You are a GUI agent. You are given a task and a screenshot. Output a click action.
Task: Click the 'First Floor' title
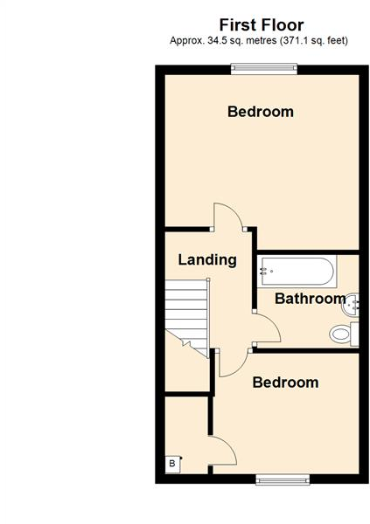pyautogui.click(x=261, y=24)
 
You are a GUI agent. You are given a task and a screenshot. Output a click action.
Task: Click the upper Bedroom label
pyautogui.click(x=260, y=112)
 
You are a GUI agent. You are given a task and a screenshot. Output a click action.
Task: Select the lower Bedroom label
pyautogui.click(x=285, y=383)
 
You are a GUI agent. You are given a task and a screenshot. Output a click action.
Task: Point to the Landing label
pyautogui.click(x=207, y=259)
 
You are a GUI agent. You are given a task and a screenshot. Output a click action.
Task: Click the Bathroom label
pyautogui.click(x=311, y=299)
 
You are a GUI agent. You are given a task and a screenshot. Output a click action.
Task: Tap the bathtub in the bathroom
pyautogui.click(x=297, y=271)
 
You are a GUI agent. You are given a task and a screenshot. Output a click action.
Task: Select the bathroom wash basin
pyautogui.click(x=352, y=305)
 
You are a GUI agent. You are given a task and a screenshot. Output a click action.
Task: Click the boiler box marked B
pyautogui.click(x=172, y=464)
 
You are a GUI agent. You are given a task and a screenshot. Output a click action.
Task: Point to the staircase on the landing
pyautogui.click(x=186, y=314)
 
